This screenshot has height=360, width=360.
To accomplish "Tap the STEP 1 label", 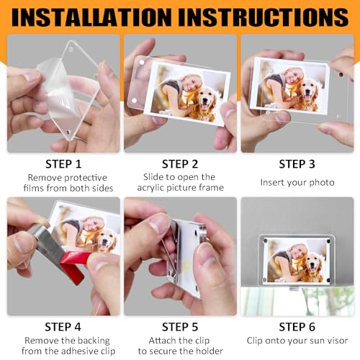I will point(63,164).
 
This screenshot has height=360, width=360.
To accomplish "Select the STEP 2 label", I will point(180,164).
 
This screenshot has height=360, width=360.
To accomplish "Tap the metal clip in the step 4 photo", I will point(36,248).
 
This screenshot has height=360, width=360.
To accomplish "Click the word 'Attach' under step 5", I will point(158,339).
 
